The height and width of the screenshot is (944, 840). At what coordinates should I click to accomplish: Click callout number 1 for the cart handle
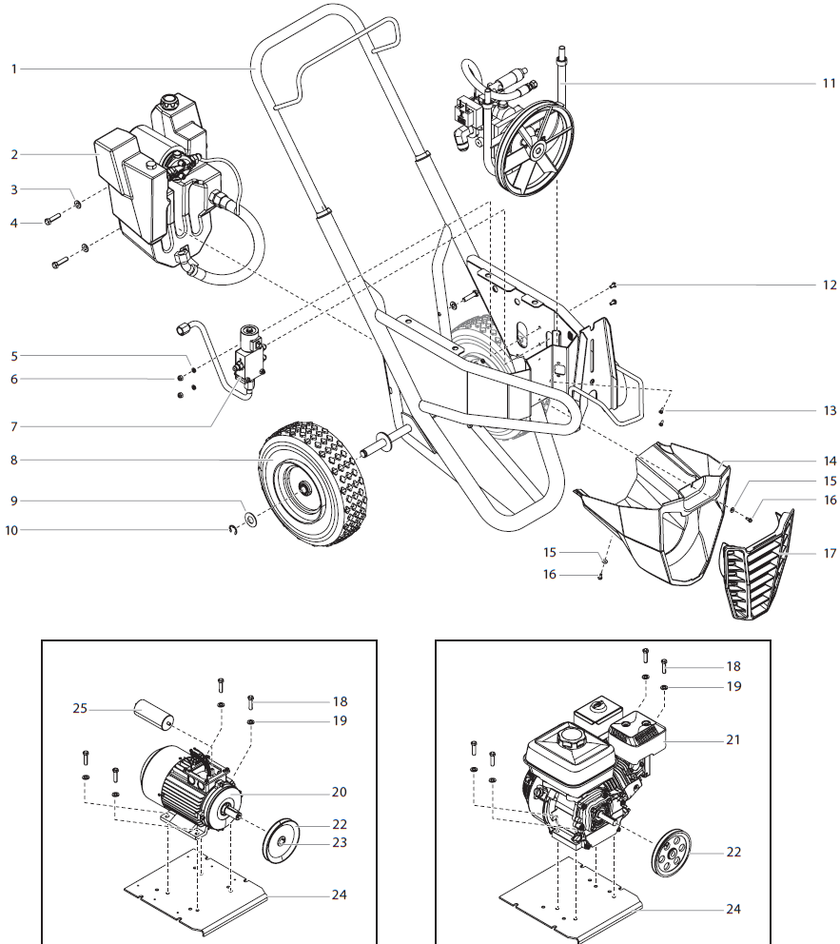[14, 69]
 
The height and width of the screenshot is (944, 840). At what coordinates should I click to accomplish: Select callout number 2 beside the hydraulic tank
[14, 153]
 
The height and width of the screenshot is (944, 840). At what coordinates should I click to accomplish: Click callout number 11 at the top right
[828, 83]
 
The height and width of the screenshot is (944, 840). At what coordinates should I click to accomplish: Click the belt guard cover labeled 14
[656, 514]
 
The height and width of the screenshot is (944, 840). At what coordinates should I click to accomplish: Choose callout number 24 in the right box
[733, 909]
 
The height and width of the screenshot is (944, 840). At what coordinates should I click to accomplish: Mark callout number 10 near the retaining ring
[14, 529]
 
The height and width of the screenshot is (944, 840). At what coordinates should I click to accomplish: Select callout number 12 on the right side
[830, 285]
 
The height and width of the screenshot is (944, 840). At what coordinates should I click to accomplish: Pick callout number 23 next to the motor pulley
[340, 842]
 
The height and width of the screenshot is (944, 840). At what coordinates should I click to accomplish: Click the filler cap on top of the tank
[171, 99]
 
